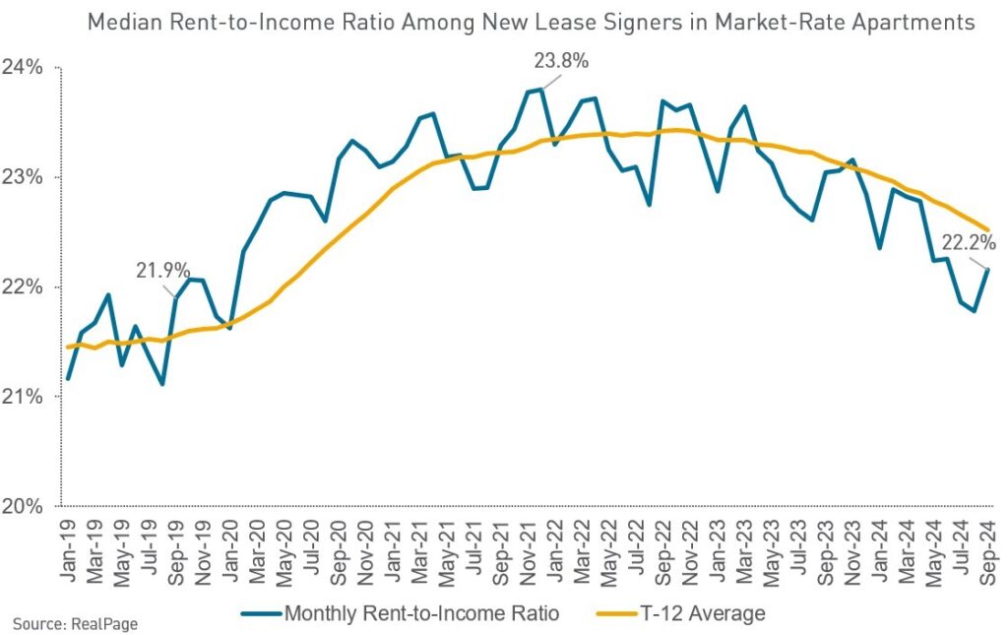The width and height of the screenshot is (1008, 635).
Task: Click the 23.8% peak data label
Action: coord(561,61)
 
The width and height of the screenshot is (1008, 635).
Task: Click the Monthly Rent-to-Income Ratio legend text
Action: coord(421,613)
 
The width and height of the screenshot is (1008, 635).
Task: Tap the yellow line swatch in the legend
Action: coord(616,614)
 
